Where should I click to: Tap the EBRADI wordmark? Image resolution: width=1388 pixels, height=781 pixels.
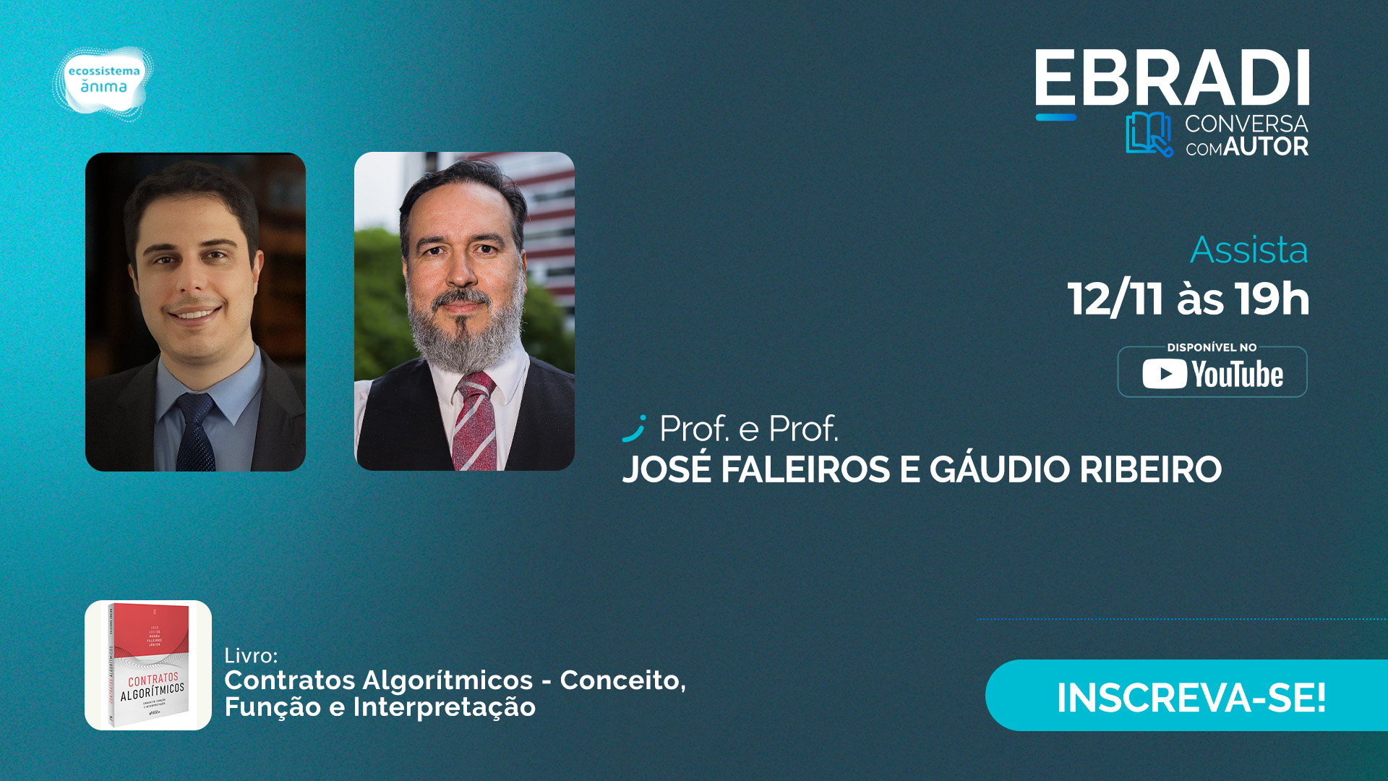1171,79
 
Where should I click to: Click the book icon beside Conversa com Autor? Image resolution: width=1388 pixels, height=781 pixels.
1148,135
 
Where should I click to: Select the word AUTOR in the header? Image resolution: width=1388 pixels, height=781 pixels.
1266,147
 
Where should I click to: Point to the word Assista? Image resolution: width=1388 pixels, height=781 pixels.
1248,250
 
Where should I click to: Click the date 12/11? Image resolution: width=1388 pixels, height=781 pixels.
1115,299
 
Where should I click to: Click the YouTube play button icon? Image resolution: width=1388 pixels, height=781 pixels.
1164,374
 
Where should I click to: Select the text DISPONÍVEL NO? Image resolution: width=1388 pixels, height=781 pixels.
1212,348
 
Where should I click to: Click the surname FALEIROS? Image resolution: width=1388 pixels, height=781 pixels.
805,469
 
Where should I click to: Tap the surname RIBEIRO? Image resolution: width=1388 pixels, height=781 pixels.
1150,469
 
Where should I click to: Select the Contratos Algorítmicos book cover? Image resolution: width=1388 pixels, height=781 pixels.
148,665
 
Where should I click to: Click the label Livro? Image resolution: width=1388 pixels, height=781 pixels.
251,656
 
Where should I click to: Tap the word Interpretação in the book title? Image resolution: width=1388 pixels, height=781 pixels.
444,707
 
